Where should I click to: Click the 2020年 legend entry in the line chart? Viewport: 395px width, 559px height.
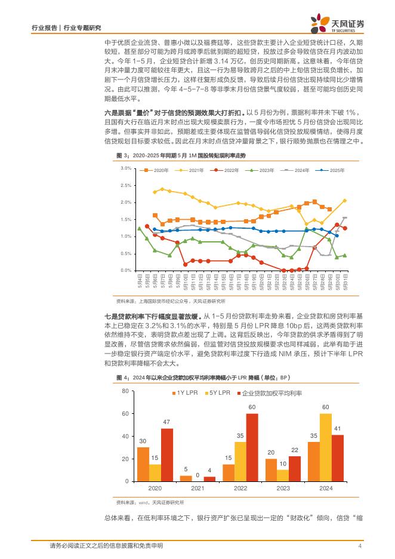pyautogui.click(x=158, y=171)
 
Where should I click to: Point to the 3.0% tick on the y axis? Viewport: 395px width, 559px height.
pyautogui.click(x=126, y=168)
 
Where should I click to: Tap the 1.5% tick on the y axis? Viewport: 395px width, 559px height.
pyautogui.click(x=126, y=220)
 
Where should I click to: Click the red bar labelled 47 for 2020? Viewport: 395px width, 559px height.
pyautogui.click(x=167, y=454)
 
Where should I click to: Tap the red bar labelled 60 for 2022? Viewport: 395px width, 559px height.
pyautogui.click(x=252, y=447)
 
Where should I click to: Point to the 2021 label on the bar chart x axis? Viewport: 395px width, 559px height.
pyautogui.click(x=197, y=488)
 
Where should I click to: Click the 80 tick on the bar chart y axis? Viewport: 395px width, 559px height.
pyautogui.click(x=125, y=391)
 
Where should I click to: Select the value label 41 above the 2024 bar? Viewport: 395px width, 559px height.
pyautogui.click(x=338, y=429)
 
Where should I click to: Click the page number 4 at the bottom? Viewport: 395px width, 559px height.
pyautogui.click(x=360, y=546)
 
